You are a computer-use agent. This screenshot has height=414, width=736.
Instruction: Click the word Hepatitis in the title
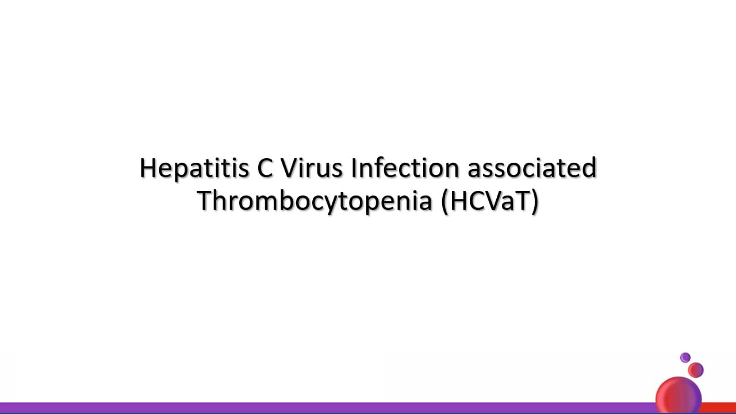[x=194, y=169]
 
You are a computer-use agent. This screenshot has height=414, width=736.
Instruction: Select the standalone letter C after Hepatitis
[x=265, y=168]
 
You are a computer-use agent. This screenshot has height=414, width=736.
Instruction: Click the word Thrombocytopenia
[x=315, y=202]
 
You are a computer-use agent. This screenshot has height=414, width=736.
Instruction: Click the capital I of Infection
[x=354, y=168]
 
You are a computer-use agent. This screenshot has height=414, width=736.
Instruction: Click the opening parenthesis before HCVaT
[x=444, y=202]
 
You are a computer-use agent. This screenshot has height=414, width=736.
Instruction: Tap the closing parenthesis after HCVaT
[x=535, y=202]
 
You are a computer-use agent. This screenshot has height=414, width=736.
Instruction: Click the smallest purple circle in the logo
[x=685, y=358]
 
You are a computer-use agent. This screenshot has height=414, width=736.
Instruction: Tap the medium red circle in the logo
[x=696, y=370]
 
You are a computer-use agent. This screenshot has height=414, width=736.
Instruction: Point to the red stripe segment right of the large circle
[x=719, y=408]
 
